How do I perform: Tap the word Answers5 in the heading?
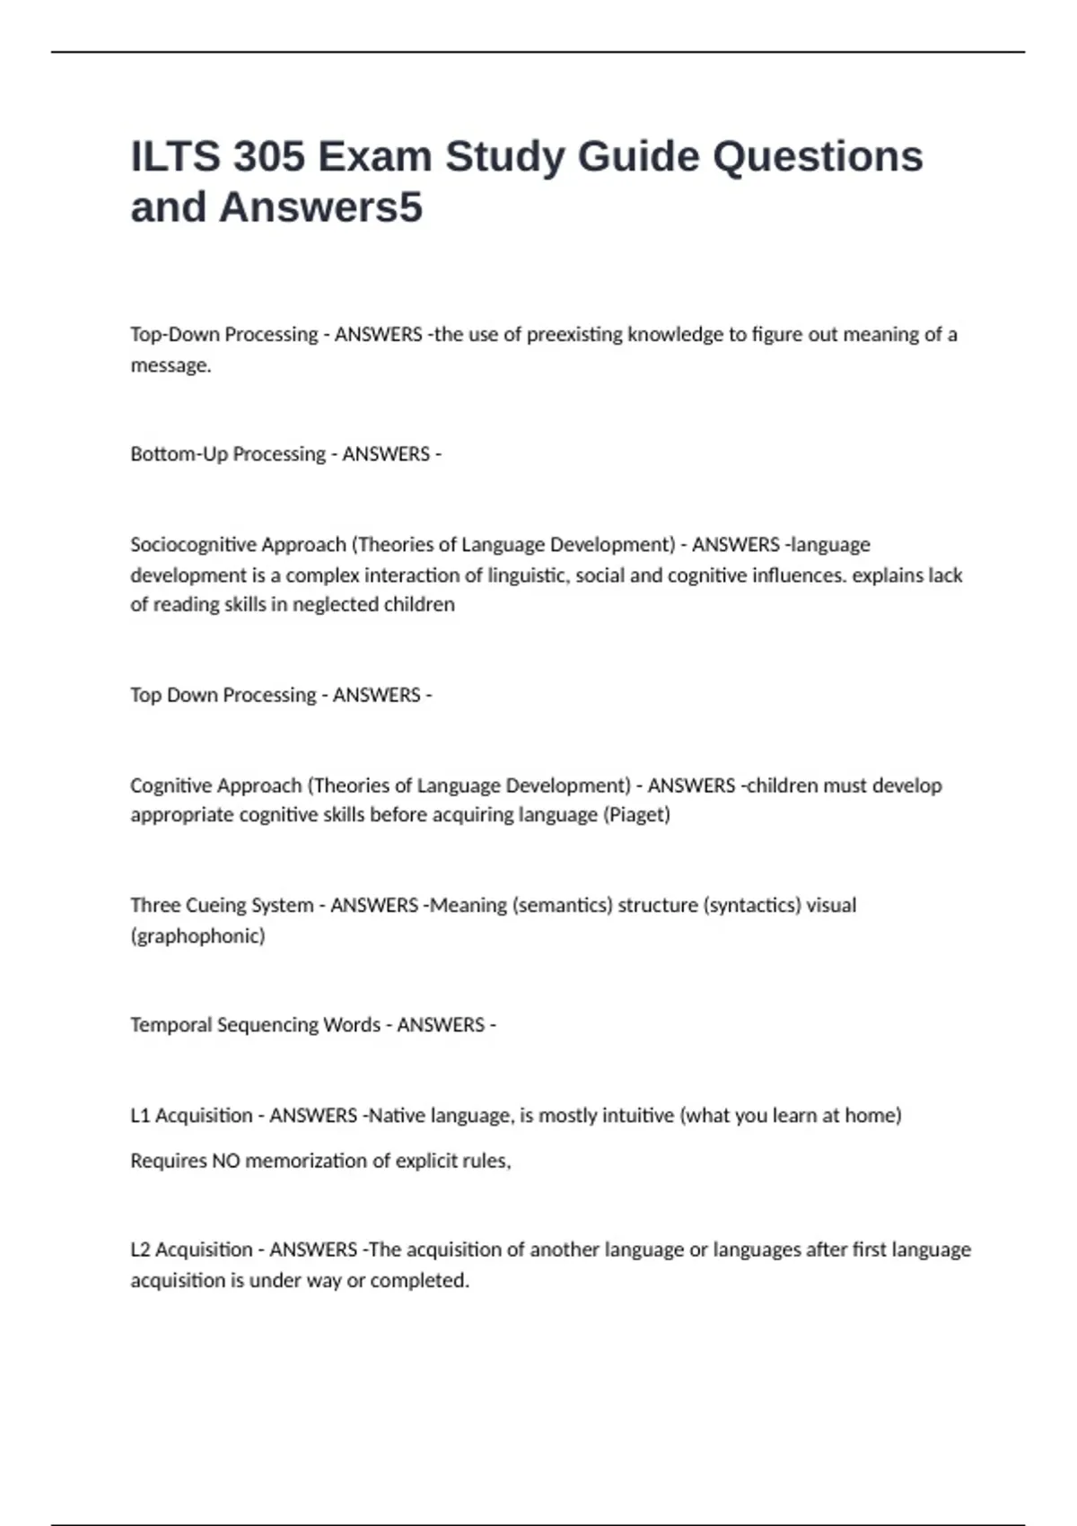[x=320, y=207]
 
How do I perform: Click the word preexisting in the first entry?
[x=574, y=335]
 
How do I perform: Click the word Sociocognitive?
[x=193, y=545]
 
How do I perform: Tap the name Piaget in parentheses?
[x=637, y=815]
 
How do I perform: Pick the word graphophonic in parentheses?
[x=198, y=936]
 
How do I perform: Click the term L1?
[x=140, y=1116]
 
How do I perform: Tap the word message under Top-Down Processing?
[x=170, y=366]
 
